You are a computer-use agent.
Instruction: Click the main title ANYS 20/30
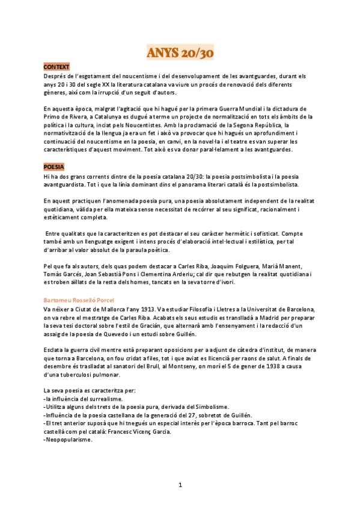(180, 53)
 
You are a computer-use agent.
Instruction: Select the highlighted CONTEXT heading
(56, 66)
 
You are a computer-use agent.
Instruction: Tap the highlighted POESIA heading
(54, 165)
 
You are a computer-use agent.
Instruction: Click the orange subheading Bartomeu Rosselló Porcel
(78, 299)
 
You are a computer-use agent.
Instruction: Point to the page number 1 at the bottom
(180, 485)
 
